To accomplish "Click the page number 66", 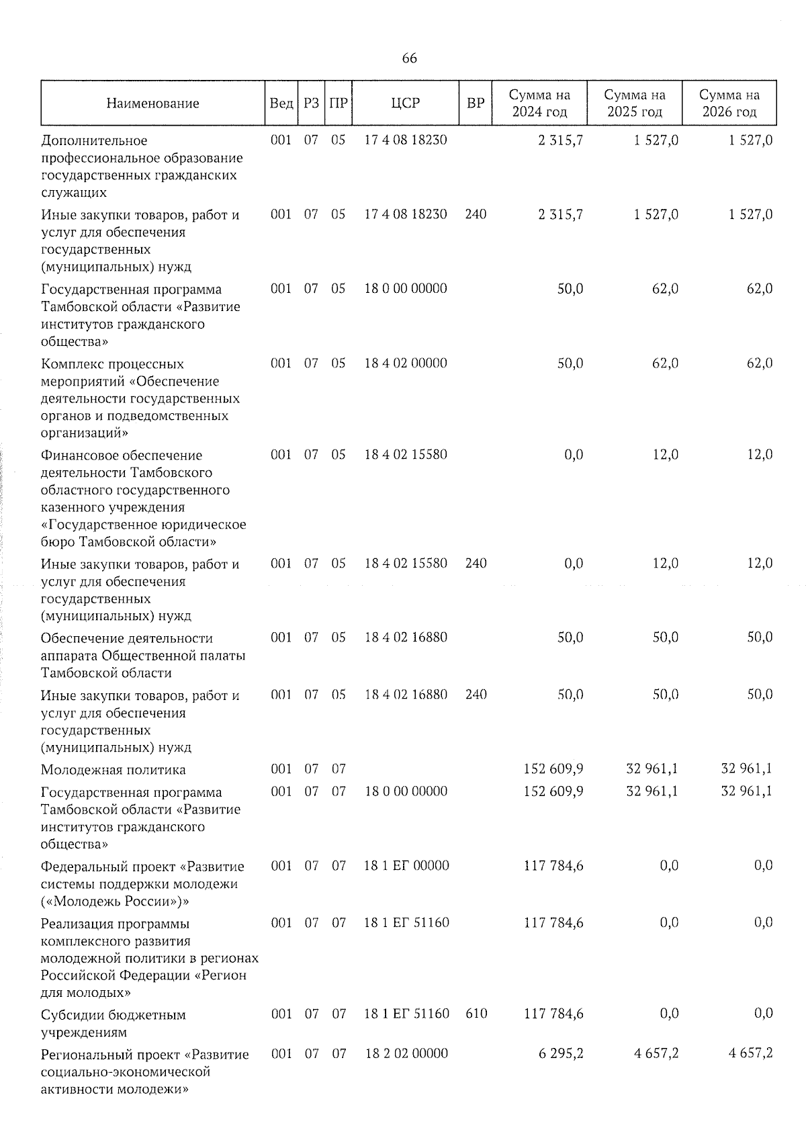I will coord(409,58).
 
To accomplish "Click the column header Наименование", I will coord(152,103).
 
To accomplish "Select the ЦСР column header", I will coord(405,103).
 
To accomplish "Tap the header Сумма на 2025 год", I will coord(635,103).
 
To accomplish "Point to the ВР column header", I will coord(476,103).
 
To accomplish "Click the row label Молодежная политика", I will coord(114,770).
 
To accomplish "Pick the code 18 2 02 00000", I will coord(406,1054).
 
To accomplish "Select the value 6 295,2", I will coord(561,1054).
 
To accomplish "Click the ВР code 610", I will coord(476,1013).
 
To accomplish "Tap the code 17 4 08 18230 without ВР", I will coord(406,140).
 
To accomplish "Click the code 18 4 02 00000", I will coord(406,363).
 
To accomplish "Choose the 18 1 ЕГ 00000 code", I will coord(406,866).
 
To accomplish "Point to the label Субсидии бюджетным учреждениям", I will coord(113,1023).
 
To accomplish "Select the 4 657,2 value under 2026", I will coord(751,1054).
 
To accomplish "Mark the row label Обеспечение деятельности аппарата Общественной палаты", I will coord(142,655).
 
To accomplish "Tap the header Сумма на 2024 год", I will coord(539,103).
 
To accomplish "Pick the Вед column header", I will coord(281,103).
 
